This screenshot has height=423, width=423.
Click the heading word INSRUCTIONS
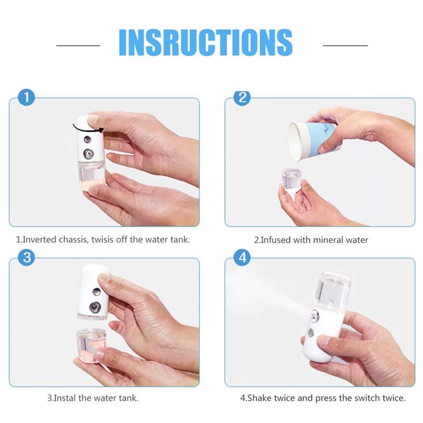point(206,42)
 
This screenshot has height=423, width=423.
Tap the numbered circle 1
point(26,98)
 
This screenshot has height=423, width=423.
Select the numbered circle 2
point(242,98)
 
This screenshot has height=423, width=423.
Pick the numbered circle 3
point(26,258)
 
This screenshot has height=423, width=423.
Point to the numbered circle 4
point(242,258)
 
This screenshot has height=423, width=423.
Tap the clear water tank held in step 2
point(292,180)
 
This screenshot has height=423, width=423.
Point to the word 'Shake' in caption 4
point(259,398)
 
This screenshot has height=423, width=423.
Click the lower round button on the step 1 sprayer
point(88,154)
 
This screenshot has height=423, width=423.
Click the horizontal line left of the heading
point(78,45)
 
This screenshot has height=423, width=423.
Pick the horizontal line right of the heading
point(345,45)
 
